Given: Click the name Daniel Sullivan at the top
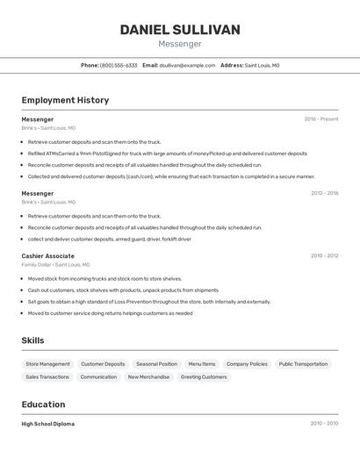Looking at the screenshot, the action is (180, 30).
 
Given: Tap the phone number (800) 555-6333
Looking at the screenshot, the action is (119, 65).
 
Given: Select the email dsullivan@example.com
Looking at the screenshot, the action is (187, 65).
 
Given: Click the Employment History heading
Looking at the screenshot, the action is (65, 100).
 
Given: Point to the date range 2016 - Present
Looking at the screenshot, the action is (321, 119).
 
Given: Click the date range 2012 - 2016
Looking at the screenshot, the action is (324, 193).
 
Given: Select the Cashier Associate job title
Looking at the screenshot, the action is (47, 256).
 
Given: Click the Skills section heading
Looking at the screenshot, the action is (32, 340).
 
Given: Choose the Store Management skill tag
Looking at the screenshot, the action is (47, 364).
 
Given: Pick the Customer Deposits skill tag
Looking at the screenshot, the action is (103, 364).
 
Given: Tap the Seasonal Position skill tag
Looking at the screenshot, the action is (156, 364).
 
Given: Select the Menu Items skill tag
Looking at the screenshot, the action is (202, 364).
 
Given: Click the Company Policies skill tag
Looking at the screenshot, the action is (247, 364).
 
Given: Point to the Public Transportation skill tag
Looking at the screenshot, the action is (303, 364).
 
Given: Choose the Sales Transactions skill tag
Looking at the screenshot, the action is (47, 377).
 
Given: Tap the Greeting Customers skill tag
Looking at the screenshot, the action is (204, 377).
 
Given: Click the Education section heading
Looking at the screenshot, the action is (43, 404).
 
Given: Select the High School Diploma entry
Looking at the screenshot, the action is (47, 424).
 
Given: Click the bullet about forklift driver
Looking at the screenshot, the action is (109, 239).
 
